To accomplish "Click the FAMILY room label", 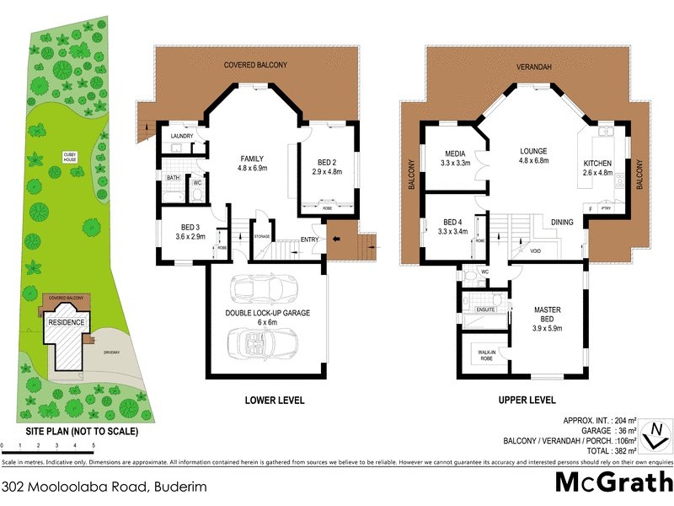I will (x=253, y=159).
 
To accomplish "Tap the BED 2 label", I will (x=328, y=163).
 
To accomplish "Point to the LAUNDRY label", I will (x=182, y=136).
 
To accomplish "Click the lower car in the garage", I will (x=262, y=341).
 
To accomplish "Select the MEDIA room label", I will (x=456, y=153).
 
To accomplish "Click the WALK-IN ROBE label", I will (x=486, y=355).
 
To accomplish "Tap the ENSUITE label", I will (x=484, y=310).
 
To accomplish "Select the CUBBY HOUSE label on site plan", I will (x=70, y=157).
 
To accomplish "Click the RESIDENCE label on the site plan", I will (x=66, y=323).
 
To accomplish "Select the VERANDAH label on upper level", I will (x=533, y=66).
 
